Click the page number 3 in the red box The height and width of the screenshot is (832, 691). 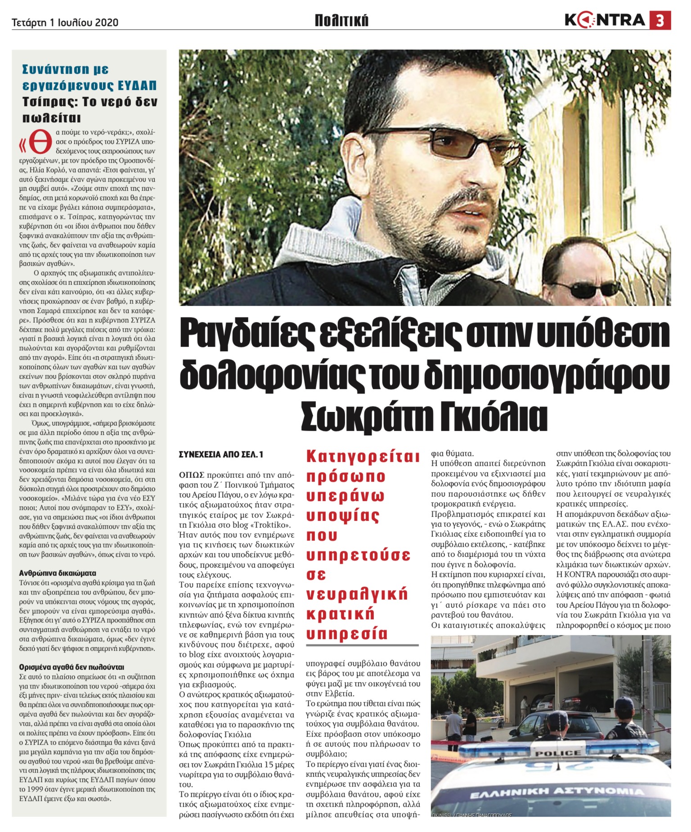coord(660,21)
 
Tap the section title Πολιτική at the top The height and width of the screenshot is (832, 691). coord(341,21)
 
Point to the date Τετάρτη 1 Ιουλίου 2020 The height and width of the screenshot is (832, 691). coord(65,22)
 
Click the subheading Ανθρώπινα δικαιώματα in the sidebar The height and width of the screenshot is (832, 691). coord(58,573)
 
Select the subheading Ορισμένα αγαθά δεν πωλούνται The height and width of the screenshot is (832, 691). coord(72,667)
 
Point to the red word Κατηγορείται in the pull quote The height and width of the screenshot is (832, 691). coord(363,456)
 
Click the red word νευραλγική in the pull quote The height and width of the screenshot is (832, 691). coord(357,594)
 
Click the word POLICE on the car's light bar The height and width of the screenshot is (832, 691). coord(557,752)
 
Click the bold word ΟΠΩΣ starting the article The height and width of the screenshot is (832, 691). coord(192,475)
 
